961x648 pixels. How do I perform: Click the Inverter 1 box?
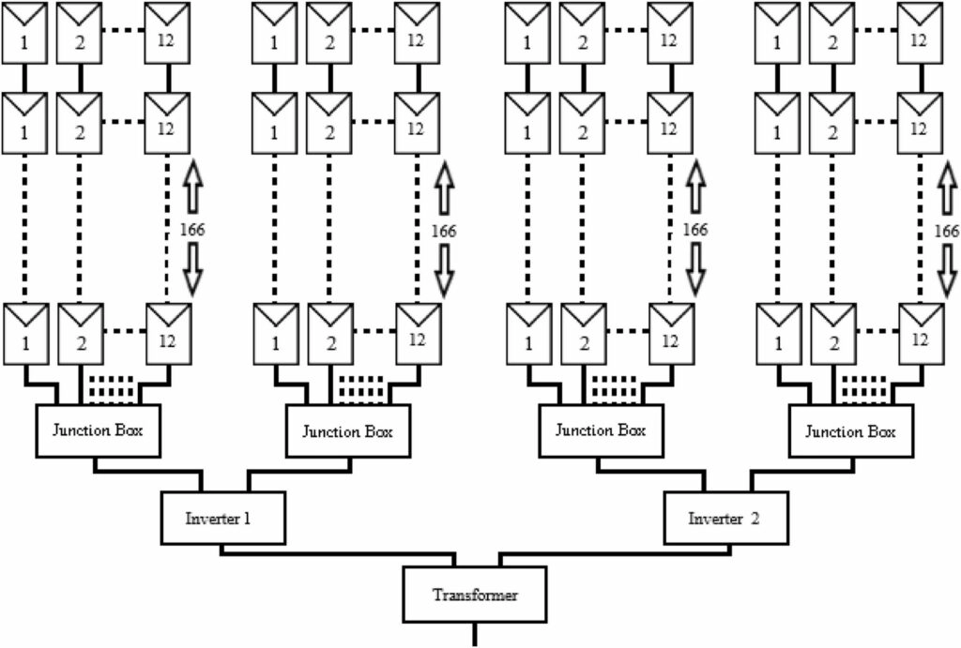[223, 518]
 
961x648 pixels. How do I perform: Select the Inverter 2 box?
[725, 518]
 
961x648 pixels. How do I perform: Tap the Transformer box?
[474, 595]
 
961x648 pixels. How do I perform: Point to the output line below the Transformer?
[474, 635]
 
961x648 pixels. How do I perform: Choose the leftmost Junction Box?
[98, 430]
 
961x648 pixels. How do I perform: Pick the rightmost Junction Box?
[851, 430]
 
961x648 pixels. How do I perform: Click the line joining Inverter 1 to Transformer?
[337, 553]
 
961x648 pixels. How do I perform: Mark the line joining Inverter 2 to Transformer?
[616, 553]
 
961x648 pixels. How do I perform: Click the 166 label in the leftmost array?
[191, 230]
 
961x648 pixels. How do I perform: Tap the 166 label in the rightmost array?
[946, 231]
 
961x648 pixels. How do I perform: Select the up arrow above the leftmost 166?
[192, 187]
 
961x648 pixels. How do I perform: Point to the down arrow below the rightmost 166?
[948, 270]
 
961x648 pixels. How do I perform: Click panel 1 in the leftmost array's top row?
[23, 33]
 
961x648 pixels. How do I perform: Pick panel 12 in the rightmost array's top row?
[920, 33]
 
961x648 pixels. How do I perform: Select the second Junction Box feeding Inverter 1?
[348, 430]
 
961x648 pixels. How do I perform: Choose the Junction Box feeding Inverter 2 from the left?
[601, 430]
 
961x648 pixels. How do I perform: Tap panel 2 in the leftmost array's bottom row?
[81, 334]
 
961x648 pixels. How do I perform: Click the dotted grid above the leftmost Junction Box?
[111, 387]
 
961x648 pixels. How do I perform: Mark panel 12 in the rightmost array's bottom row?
[921, 334]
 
